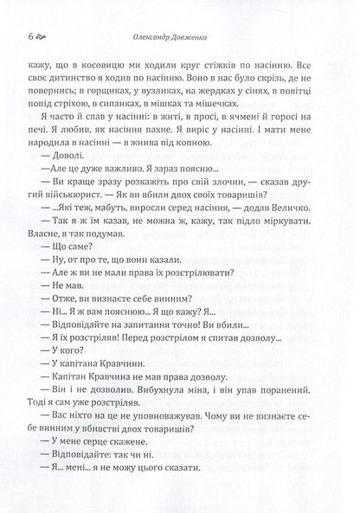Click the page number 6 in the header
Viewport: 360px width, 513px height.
pos(32,36)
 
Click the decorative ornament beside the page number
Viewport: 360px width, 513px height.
pos(46,37)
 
